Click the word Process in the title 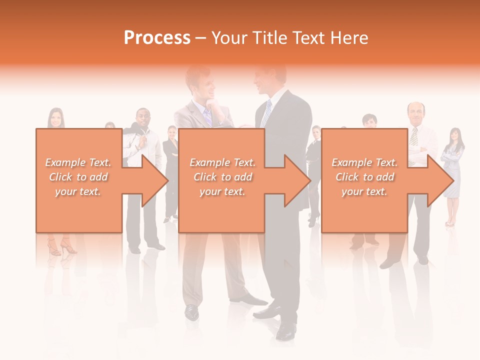[157, 38]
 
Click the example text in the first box [78, 177]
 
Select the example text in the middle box [222, 177]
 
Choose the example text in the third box [364, 177]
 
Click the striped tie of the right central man [267, 114]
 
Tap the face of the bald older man [415, 114]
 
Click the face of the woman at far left [55, 118]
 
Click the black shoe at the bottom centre [286, 330]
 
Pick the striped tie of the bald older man [414, 136]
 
